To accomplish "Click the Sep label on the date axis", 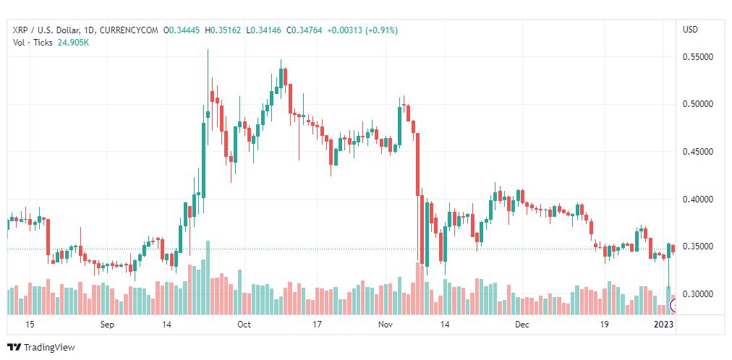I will (x=107, y=325).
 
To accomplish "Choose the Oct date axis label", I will (x=244, y=325).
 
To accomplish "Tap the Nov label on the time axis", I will (x=385, y=325).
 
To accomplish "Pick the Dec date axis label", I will (x=522, y=325).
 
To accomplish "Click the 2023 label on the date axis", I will (x=663, y=325).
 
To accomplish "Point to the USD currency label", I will (x=691, y=30).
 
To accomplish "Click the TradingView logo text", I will (x=49, y=347).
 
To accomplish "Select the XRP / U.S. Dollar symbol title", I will (x=54, y=30).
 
